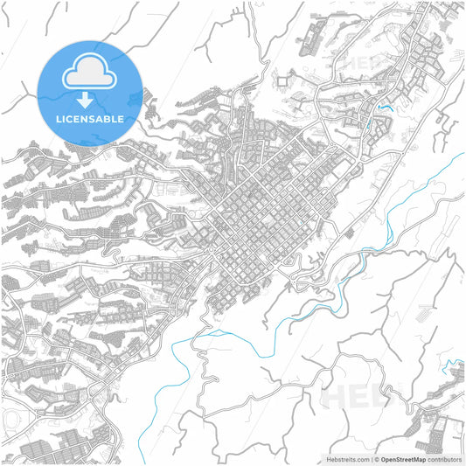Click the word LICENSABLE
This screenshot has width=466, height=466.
point(90,118)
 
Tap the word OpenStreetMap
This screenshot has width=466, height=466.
point(403,458)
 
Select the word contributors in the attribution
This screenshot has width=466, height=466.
point(445,458)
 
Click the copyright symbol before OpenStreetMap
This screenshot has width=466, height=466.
point(375,458)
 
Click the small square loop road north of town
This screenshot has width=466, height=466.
point(283,81)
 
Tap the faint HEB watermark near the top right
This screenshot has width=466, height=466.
point(367,63)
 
